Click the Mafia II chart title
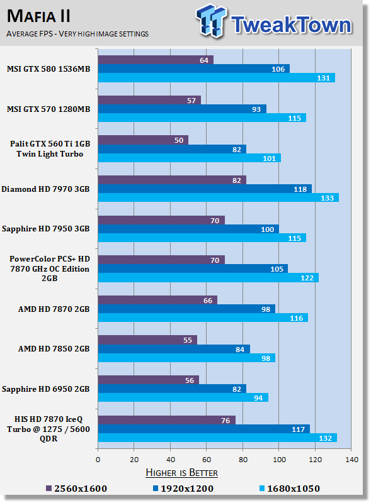pyautogui.click(x=38, y=16)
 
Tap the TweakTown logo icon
pyautogui.click(x=211, y=21)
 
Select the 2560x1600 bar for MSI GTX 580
pyautogui.click(x=156, y=60)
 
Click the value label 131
pyautogui.click(x=323, y=78)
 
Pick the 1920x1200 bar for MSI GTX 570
pyautogui.click(x=182, y=109)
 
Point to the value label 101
pyautogui.click(x=270, y=158)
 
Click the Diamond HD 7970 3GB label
pyautogui.click(x=45, y=189)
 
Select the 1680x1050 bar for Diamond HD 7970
pyautogui.click(x=219, y=197)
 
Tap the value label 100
pyautogui.click(x=268, y=229)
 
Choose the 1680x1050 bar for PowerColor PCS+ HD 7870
pyautogui.click(x=208, y=277)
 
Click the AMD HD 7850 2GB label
pyautogui.click(x=54, y=349)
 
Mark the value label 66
pyautogui.click(x=208, y=301)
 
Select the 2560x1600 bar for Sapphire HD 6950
pyautogui.click(x=149, y=380)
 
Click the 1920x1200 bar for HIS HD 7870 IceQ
pyautogui.click(x=204, y=429)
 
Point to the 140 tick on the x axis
pyautogui.click(x=351, y=460)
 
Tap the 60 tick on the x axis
pyautogui.click(x=207, y=460)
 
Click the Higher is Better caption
pyautogui.click(x=181, y=473)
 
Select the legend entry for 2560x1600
pyautogui.click(x=76, y=489)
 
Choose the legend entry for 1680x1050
pyautogui.click(x=289, y=489)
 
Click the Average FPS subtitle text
pyautogui.click(x=77, y=34)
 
